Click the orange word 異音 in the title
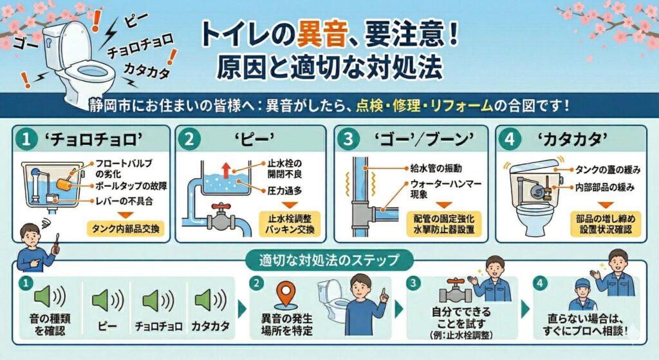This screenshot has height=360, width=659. click(322, 34)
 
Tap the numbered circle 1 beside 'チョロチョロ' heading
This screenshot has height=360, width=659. click(26, 139)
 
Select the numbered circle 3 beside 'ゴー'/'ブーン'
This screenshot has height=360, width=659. click(348, 139)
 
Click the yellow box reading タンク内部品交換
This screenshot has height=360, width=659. click(125, 229)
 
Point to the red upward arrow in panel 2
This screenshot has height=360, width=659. click(227, 170)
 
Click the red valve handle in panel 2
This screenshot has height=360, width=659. click(221, 207)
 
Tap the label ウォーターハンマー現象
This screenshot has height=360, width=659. click(445, 189)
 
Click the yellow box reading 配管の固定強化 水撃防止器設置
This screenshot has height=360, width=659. click(444, 223)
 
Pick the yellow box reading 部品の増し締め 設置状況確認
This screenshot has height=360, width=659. click(606, 223)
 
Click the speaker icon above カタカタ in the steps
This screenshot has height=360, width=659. click(210, 300)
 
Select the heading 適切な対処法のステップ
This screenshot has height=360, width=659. click(329, 260)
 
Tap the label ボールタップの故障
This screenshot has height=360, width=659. click(131, 186)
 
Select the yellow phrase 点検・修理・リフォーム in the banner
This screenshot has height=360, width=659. click(425, 105)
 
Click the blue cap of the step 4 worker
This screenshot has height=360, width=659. click(583, 283)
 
